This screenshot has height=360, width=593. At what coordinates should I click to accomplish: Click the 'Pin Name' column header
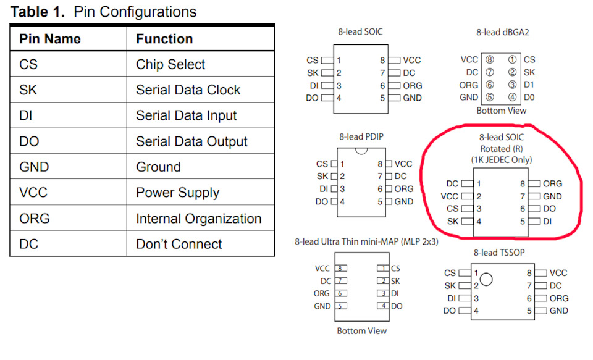click(x=49, y=39)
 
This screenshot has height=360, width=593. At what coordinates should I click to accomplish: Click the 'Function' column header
click(x=164, y=39)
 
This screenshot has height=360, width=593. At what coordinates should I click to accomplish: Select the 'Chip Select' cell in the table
click(x=170, y=64)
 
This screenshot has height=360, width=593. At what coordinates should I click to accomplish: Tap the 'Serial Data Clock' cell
click(x=188, y=90)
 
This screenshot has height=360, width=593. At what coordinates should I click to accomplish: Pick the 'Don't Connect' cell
click(x=179, y=244)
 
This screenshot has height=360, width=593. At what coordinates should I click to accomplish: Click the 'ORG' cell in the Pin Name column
click(x=34, y=219)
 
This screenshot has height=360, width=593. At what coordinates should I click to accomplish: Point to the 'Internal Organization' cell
click(x=198, y=219)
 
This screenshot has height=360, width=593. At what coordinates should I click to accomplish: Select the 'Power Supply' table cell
click(x=177, y=193)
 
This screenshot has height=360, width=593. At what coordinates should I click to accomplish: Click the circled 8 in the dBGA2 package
click(x=490, y=60)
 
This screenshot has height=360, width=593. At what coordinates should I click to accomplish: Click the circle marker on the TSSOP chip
click(x=486, y=279)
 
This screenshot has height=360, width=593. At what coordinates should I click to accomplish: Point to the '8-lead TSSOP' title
click(x=499, y=253)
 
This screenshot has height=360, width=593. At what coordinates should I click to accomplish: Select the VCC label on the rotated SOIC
click(x=449, y=196)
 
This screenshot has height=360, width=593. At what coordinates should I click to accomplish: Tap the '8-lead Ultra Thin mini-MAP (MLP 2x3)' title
click(x=366, y=241)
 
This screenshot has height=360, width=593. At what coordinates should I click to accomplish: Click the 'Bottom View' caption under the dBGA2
click(x=502, y=111)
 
